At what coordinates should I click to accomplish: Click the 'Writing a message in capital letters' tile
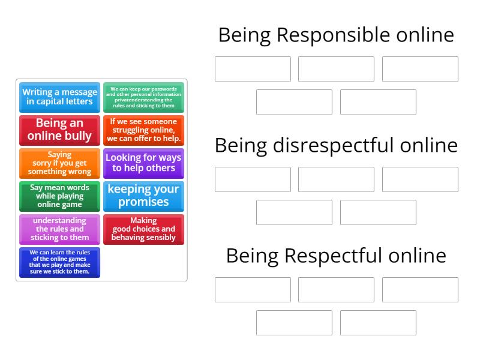pos(59,97)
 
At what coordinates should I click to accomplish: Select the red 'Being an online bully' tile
pos(59,130)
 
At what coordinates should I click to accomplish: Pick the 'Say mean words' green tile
pos(59,196)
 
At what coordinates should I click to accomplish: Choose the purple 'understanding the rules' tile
pos(59,229)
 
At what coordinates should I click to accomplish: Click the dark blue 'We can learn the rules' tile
pos(59,262)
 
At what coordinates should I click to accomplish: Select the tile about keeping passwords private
pos(143,97)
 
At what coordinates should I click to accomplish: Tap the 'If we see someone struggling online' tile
pos(143,130)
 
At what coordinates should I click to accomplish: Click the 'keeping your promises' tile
pos(143,196)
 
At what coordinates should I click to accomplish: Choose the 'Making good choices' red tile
pos(143,229)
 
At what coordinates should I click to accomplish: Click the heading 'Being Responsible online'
pos(336,35)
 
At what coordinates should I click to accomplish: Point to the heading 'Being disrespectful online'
pos(336,145)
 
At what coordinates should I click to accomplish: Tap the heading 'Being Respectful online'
pos(336,256)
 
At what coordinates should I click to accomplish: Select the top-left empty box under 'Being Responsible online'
pos(253,69)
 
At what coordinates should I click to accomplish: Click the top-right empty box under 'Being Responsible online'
pos(420,69)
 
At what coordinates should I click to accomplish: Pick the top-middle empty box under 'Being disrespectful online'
pos(336,179)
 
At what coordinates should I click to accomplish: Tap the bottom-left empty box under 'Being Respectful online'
pos(294,323)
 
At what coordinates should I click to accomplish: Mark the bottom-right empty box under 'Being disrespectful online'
pos(378,212)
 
